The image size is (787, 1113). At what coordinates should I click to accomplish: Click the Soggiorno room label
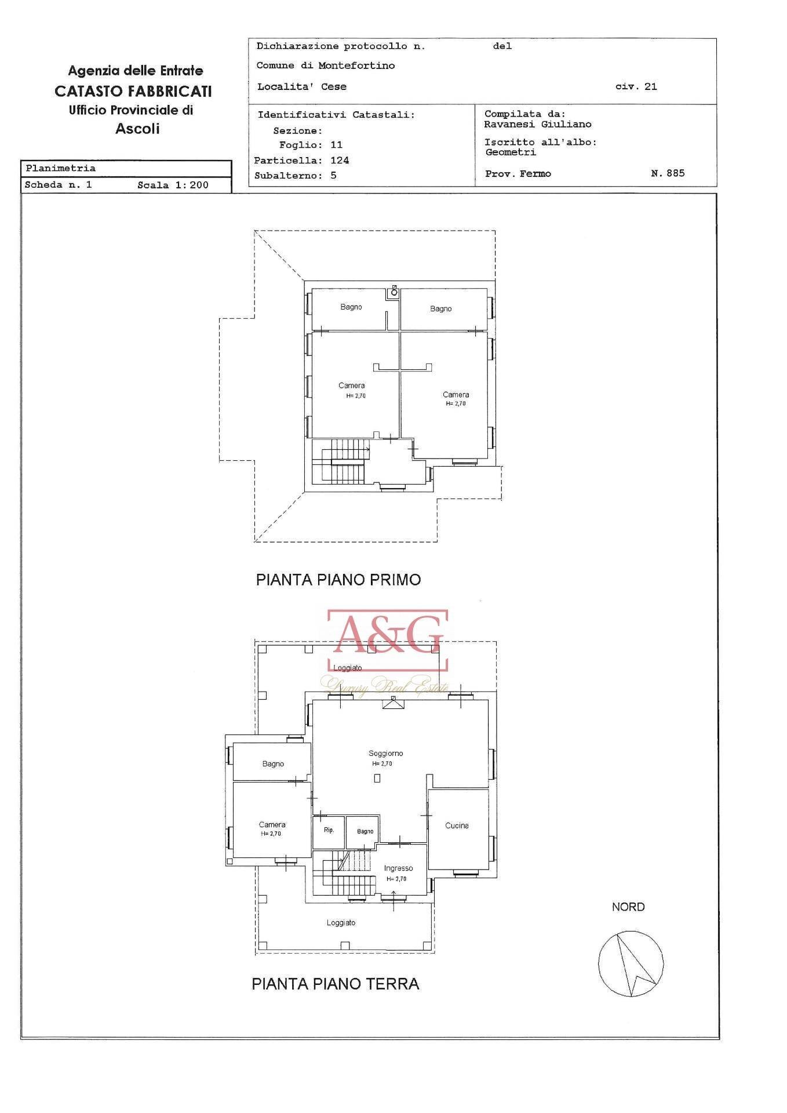pyautogui.click(x=385, y=753)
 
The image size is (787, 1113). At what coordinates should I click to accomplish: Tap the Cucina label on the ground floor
pyautogui.click(x=457, y=825)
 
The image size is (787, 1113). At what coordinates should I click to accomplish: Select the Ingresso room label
pyautogui.click(x=398, y=868)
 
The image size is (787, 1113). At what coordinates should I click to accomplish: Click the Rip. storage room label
pyautogui.click(x=329, y=830)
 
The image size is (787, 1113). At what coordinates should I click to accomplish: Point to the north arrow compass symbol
pyautogui.click(x=631, y=963)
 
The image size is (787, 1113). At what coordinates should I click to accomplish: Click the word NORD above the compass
pyautogui.click(x=628, y=907)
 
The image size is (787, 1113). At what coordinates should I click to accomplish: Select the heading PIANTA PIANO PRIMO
pyautogui.click(x=338, y=580)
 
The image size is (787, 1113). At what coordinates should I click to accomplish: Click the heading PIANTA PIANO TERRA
pyautogui.click(x=335, y=984)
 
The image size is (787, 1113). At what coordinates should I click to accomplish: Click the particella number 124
pyautogui.click(x=340, y=160)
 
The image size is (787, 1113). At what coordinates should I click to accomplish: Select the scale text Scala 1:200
pyautogui.click(x=173, y=185)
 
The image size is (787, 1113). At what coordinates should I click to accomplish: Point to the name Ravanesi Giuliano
pyautogui.click(x=537, y=124)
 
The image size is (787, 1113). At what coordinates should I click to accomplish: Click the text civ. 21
pyautogui.click(x=636, y=86)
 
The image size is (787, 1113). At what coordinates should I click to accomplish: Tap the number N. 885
pyautogui.click(x=667, y=173)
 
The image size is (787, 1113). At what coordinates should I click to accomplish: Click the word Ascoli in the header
pyautogui.click(x=137, y=128)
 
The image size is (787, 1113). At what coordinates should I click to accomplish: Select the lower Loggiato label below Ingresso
pyautogui.click(x=341, y=922)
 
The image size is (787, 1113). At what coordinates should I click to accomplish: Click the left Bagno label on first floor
pyautogui.click(x=351, y=307)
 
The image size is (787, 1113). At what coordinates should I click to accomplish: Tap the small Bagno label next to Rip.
pyautogui.click(x=365, y=831)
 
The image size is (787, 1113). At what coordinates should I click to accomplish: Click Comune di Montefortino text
pyautogui.click(x=325, y=66)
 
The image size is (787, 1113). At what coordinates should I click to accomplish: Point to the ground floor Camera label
pyautogui.click(x=272, y=824)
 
